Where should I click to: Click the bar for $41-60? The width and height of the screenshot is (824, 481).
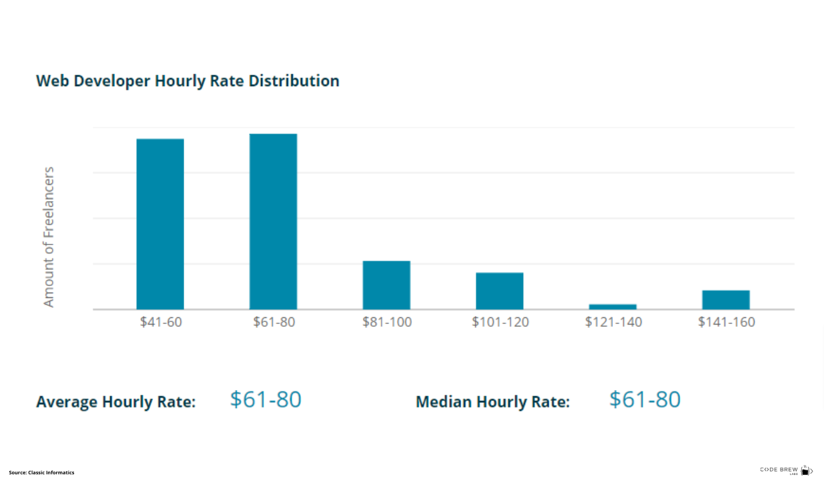tap(160, 224)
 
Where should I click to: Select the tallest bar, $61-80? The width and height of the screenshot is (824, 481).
tap(273, 221)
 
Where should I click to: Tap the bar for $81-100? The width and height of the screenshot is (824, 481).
tap(386, 285)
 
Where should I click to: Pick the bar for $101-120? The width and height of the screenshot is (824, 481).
tap(499, 291)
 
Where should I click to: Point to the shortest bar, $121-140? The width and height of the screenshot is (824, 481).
tap(612, 307)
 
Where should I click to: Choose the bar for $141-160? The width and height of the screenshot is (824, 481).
tap(726, 299)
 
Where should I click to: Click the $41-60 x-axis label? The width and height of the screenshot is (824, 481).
tap(161, 322)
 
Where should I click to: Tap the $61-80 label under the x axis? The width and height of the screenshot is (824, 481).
tap(274, 322)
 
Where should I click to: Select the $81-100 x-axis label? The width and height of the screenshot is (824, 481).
tap(387, 322)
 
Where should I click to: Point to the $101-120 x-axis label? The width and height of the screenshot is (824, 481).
tap(500, 322)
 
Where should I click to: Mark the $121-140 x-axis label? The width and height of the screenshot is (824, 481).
tap(613, 322)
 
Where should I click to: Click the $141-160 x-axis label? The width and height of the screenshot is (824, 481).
tap(727, 322)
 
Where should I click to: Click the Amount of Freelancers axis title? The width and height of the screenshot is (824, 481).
tap(48, 236)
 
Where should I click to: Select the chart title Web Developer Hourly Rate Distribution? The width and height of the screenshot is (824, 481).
tap(187, 81)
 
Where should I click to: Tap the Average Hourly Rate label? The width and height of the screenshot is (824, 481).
tap(115, 402)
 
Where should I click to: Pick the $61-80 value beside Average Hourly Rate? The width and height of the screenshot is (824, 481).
tap(266, 399)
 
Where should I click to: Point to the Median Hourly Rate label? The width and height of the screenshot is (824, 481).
tap(492, 402)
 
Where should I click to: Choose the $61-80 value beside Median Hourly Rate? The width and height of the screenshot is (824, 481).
tap(645, 399)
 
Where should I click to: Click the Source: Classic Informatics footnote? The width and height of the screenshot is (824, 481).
tap(41, 472)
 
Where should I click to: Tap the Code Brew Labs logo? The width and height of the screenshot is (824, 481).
tap(785, 470)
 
